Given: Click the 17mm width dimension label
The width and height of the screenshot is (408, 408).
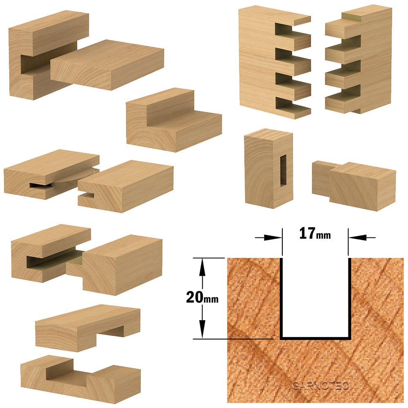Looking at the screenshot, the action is pyautogui.click(x=315, y=233).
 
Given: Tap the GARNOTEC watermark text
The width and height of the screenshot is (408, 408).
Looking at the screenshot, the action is pyautogui.click(x=320, y=386).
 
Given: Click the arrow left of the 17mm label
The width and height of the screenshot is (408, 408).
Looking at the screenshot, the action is pyautogui.click(x=268, y=237).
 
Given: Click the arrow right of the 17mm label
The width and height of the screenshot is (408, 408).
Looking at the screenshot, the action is pyautogui.click(x=362, y=237).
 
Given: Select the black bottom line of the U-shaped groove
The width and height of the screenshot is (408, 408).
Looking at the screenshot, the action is pyautogui.click(x=315, y=339).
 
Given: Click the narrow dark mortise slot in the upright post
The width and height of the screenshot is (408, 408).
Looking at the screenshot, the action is pyautogui.click(x=283, y=171).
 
